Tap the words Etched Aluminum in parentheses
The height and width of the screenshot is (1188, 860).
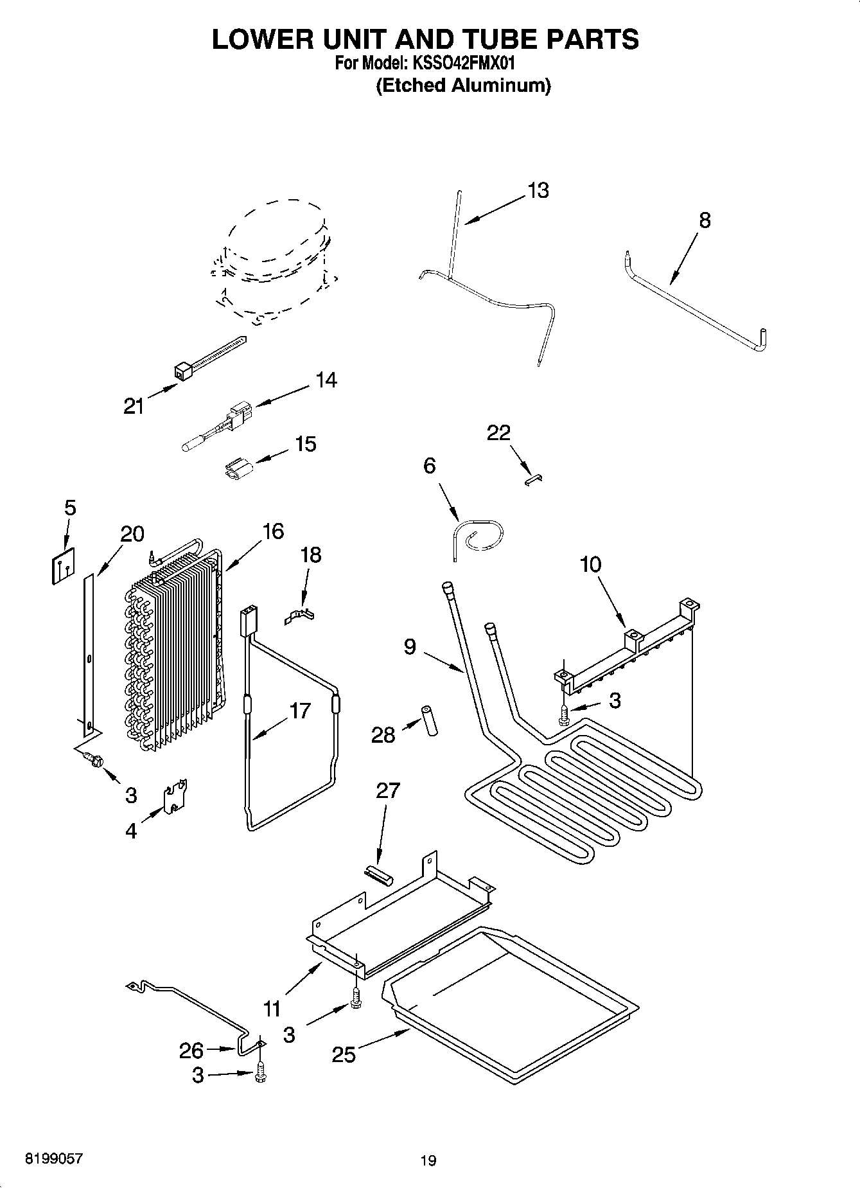point(462,86)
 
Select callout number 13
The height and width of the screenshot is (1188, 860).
point(538,191)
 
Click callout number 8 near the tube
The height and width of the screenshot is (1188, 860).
point(705,220)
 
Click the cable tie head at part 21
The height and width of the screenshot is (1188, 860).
point(184,371)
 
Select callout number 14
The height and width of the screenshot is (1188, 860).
point(326,380)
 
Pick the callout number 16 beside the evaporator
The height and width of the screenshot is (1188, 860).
point(273,531)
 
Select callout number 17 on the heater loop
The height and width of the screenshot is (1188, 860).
point(300,711)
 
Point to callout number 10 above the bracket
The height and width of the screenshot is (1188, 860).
point(590,565)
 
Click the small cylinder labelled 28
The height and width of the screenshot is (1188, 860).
point(428,721)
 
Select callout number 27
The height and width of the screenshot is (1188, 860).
point(388,790)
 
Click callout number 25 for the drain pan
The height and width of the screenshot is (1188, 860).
point(344,1054)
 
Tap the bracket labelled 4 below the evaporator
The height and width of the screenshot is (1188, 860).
point(175,799)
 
